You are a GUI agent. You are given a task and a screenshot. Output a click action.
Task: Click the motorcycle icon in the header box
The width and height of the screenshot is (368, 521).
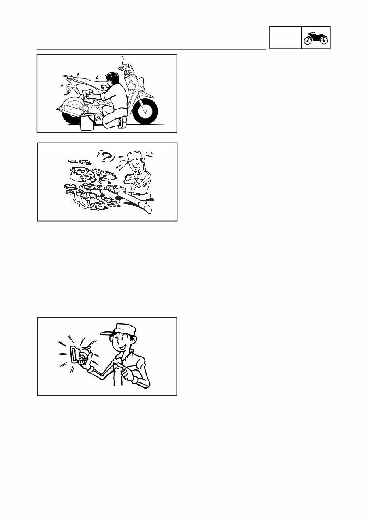(x=316, y=38)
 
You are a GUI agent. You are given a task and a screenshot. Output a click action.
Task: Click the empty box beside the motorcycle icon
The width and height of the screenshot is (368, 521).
(x=285, y=38)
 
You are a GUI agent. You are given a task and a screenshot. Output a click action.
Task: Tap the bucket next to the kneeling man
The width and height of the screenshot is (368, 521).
(x=87, y=122)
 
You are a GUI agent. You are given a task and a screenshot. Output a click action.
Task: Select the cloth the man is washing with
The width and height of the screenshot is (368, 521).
(x=87, y=94)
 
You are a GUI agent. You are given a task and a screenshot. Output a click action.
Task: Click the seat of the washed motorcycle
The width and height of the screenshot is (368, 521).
(x=87, y=81)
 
